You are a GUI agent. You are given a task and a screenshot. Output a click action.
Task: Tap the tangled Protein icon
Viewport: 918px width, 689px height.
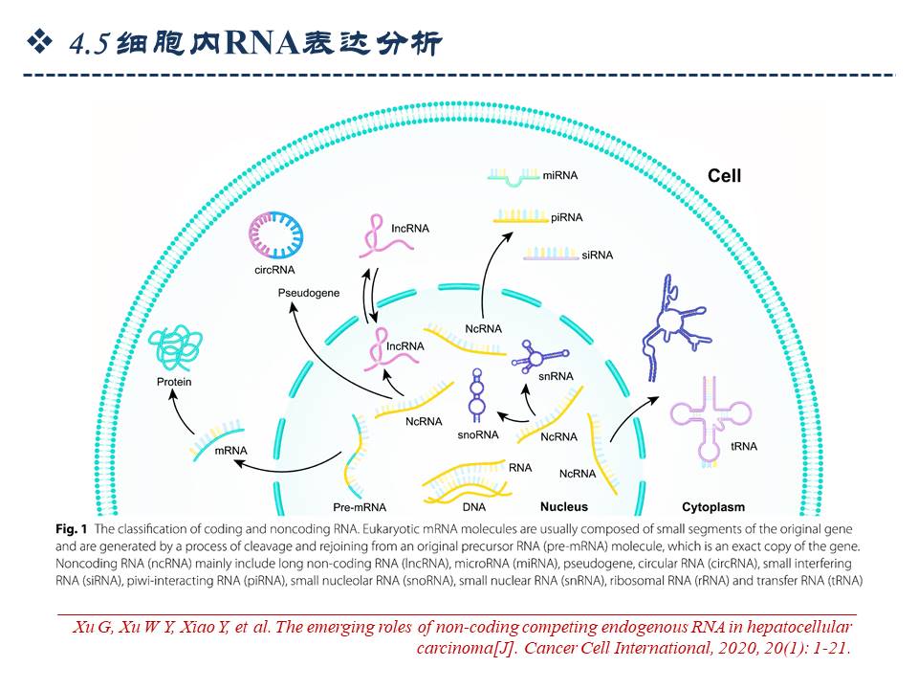(175, 349)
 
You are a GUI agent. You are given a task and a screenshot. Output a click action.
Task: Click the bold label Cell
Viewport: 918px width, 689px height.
(724, 176)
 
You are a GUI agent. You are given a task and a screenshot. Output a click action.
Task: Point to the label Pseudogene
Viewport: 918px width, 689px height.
(309, 293)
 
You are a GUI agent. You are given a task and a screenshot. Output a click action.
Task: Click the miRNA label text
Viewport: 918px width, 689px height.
(560, 177)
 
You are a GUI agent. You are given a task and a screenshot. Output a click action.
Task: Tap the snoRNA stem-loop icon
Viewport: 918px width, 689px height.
(476, 399)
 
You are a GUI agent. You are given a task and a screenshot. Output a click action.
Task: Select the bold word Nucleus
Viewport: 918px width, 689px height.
(564, 506)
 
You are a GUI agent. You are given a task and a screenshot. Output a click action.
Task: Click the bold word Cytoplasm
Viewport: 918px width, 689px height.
(712, 506)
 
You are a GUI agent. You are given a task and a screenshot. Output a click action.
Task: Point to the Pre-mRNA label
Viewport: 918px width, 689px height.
(360, 506)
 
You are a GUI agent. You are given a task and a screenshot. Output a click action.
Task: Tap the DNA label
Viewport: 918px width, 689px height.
(474, 506)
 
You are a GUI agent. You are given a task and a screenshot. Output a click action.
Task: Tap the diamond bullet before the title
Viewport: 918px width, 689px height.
(40, 40)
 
